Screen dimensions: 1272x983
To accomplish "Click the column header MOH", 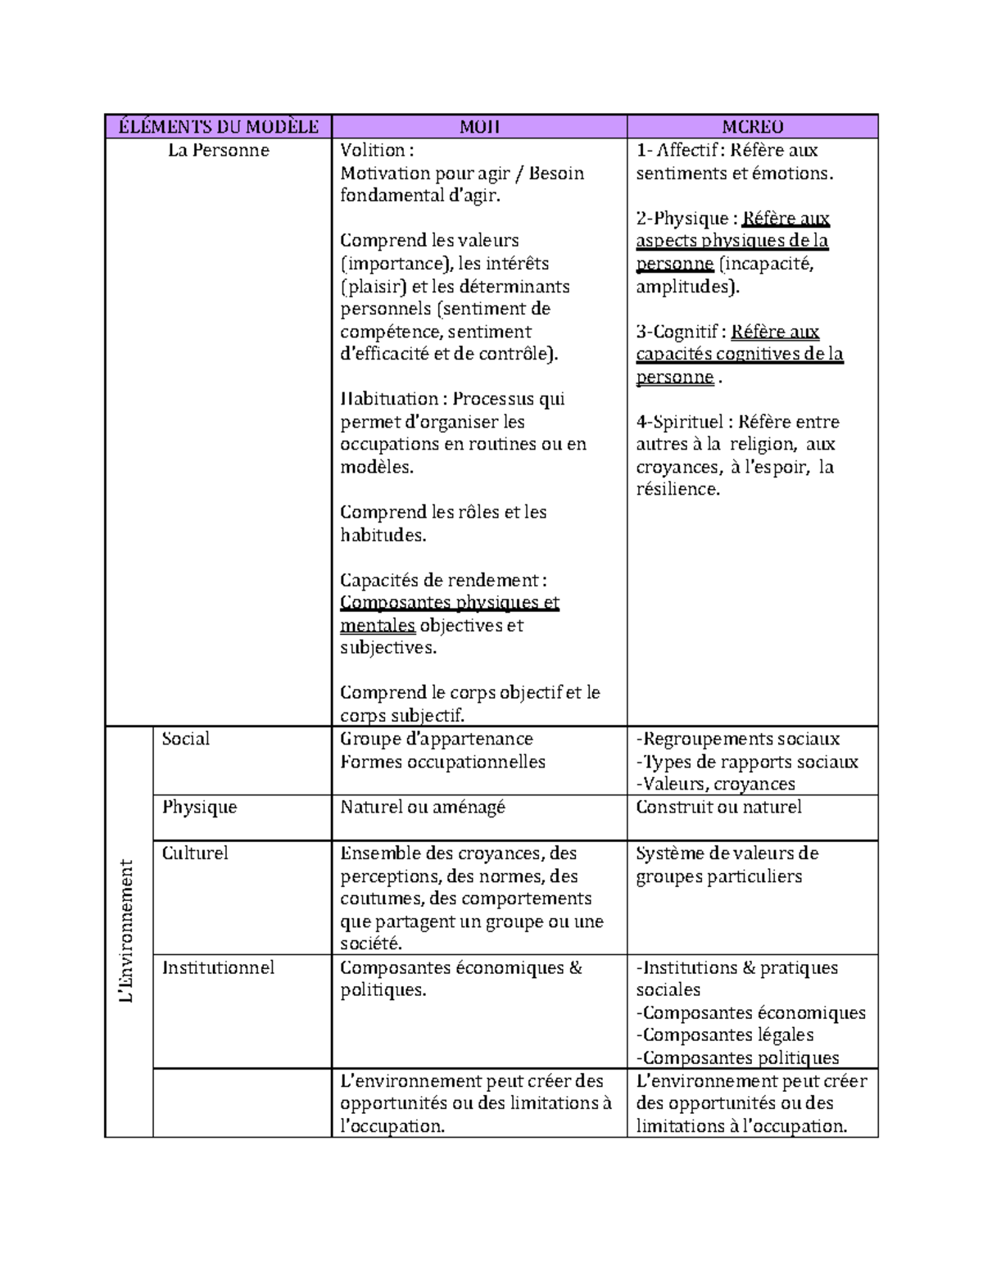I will click(479, 127).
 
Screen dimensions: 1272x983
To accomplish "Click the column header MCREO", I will click(752, 127).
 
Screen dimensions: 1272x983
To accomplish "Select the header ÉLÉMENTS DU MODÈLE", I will click(219, 127).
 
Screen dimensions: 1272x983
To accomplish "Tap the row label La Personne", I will click(219, 151).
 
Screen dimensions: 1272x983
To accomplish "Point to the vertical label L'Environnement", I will click(126, 930).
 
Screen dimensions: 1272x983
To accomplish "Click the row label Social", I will click(186, 739).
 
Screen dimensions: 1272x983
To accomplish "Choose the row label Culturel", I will click(195, 853).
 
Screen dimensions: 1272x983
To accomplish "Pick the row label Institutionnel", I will click(218, 967).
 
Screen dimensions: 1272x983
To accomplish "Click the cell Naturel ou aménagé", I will click(423, 808).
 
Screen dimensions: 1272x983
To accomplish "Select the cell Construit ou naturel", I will click(718, 808).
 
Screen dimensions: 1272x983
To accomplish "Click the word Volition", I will click(373, 151).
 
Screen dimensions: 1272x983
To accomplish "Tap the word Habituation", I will click(389, 400).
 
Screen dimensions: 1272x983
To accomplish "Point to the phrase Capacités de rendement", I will click(440, 581).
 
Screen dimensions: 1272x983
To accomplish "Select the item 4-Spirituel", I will click(680, 423).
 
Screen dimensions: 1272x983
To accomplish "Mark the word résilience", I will click(677, 490).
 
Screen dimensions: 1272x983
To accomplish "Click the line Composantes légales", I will click(727, 1035).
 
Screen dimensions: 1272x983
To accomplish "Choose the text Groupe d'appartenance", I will click(437, 739).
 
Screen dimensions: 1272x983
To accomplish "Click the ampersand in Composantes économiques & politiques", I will click(574, 967).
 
